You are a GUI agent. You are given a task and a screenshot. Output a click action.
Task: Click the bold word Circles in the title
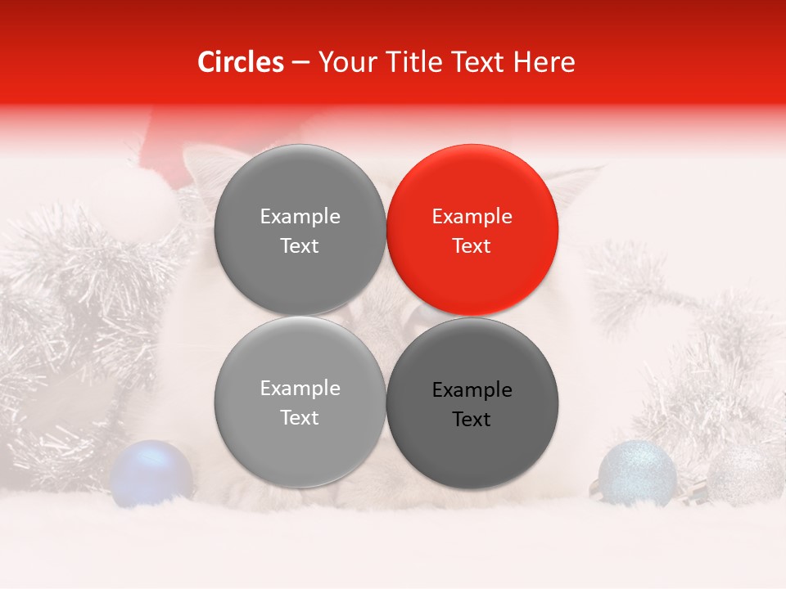point(240,62)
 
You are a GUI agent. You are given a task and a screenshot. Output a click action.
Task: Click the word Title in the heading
point(411,62)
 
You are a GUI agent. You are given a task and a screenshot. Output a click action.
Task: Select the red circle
point(472,230)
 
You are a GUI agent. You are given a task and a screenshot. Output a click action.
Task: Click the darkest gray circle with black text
point(472,403)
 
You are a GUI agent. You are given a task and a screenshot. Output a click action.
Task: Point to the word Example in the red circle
point(472,217)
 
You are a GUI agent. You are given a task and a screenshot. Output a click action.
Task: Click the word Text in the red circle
point(472,246)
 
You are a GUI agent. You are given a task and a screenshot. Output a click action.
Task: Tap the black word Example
point(472,390)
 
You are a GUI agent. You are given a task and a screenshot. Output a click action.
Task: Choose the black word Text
point(472,420)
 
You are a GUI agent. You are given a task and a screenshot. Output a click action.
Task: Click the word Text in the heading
point(477,62)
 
